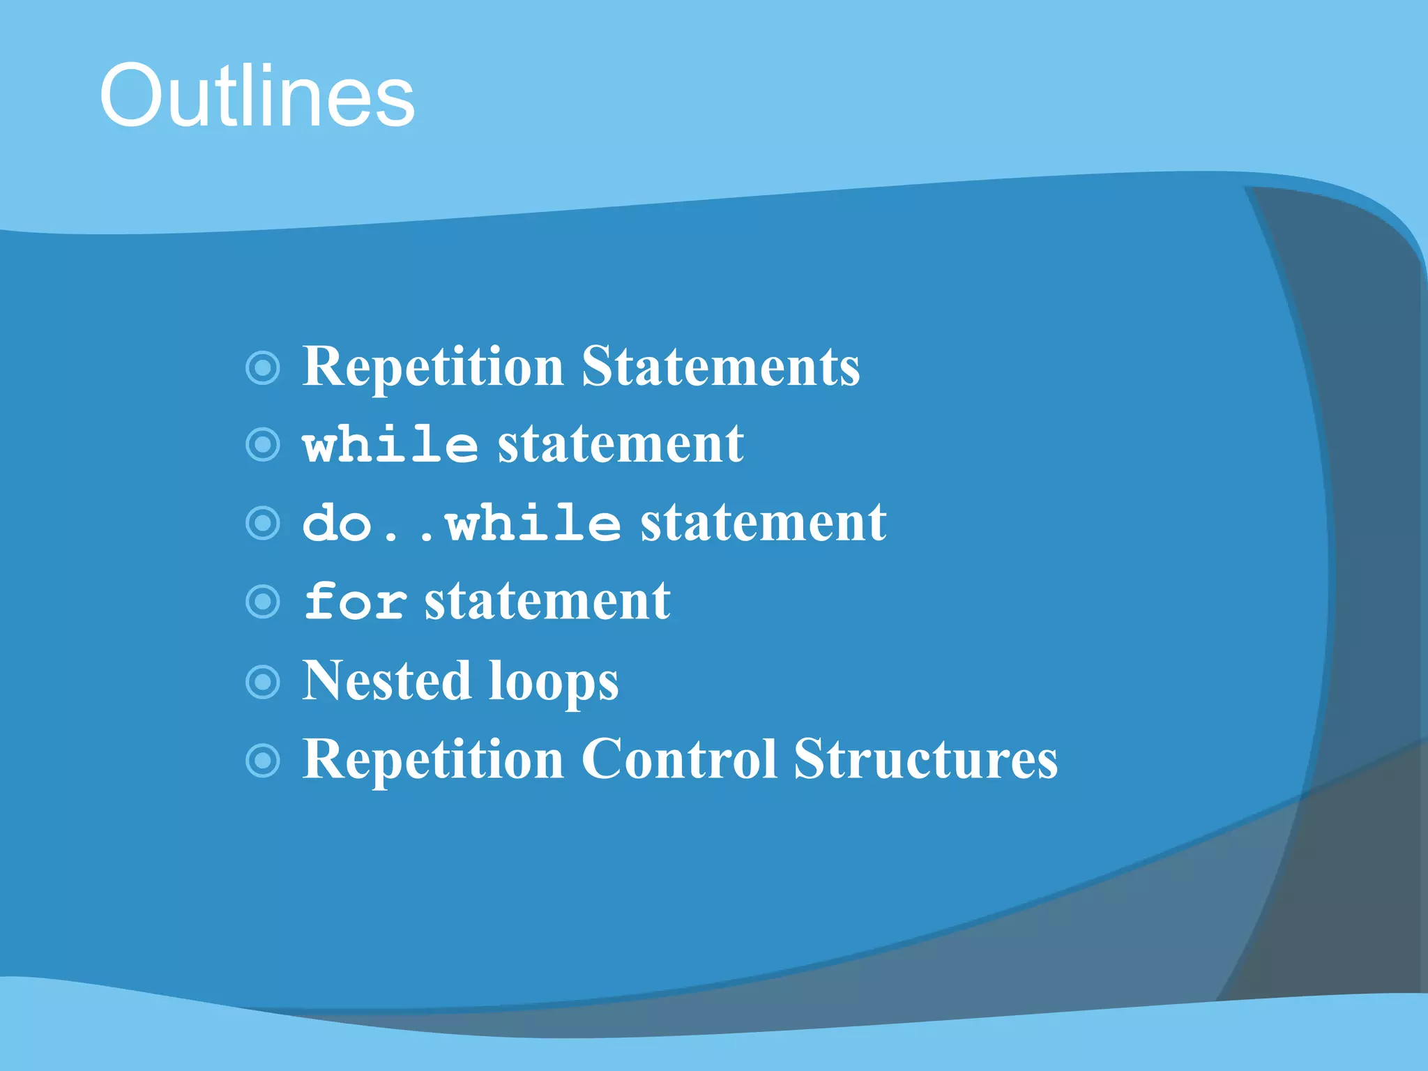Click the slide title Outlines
257,96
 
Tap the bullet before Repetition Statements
264,367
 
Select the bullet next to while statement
264,445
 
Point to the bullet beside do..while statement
264,523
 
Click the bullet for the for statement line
264,601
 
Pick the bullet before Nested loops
264,682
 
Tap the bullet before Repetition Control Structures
264,760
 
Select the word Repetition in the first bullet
433,367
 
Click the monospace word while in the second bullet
390,444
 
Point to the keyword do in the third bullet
337,523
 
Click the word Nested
386,681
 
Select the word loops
553,683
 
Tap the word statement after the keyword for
547,601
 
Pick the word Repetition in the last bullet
433,760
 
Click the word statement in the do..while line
764,523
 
